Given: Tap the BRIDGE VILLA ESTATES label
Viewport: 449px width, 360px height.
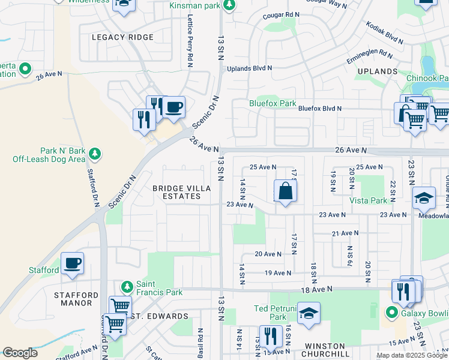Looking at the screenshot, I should coord(181,192).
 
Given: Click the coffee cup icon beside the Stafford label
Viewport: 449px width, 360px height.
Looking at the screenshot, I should coord(72,264).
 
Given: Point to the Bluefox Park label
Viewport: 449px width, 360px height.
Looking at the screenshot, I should coord(273,103).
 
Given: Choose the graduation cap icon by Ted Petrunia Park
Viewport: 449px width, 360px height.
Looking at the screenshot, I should coord(309,314).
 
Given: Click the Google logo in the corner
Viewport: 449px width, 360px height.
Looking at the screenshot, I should coord(20,353).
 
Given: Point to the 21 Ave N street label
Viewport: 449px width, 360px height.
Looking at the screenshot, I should coord(344,233).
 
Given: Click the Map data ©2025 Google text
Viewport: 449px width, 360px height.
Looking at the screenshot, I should coord(411,355).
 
